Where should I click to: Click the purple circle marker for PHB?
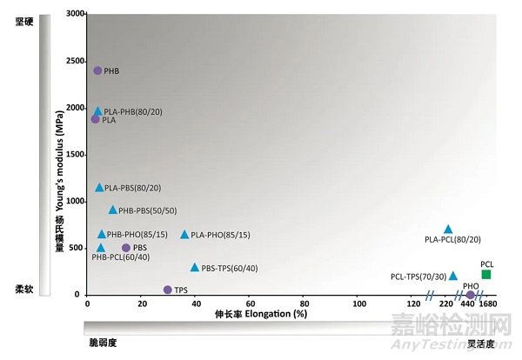(97, 70)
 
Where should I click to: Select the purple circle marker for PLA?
(96, 118)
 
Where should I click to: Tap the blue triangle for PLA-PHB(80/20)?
(98, 111)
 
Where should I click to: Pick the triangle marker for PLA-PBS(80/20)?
(100, 187)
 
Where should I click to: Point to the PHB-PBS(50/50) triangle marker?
(112, 210)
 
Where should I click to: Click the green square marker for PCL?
(486, 274)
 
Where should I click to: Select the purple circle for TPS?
(167, 290)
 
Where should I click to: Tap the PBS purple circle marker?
(126, 248)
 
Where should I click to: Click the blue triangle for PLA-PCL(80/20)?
(448, 230)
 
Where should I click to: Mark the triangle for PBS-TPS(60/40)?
(195, 267)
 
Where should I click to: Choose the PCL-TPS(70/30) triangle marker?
(452, 276)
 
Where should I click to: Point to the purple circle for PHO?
(471, 294)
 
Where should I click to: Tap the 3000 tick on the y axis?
(74, 14)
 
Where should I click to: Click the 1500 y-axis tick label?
(74, 154)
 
